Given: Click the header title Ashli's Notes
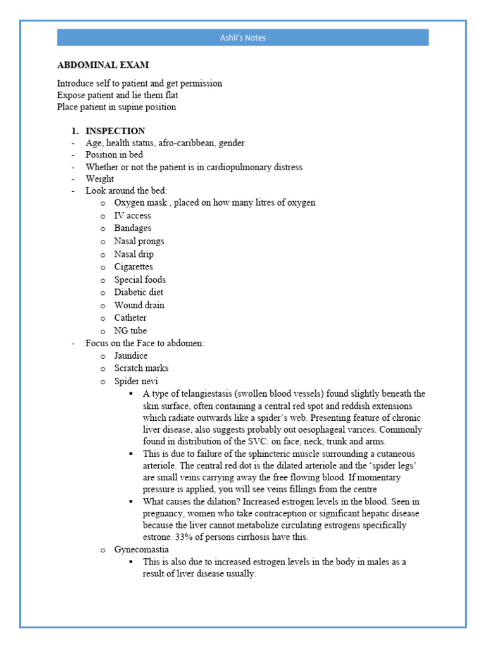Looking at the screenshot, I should pyautogui.click(x=243, y=38).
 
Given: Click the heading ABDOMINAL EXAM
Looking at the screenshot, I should pyautogui.click(x=103, y=65).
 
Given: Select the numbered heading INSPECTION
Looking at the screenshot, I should pyautogui.click(x=115, y=131).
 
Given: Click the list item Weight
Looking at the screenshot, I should pyautogui.click(x=100, y=179).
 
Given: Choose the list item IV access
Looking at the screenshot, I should pyautogui.click(x=132, y=216).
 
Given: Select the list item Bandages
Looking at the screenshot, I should pyautogui.click(x=132, y=228).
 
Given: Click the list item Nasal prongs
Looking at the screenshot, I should pyautogui.click(x=139, y=241).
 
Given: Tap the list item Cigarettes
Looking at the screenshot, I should pyautogui.click(x=133, y=266).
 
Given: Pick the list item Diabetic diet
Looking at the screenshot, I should pyautogui.click(x=139, y=292).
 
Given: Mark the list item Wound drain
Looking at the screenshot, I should pyautogui.click(x=139, y=305).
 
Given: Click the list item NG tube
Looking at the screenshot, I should pyautogui.click(x=130, y=330).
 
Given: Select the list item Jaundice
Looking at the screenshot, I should pyautogui.click(x=132, y=356).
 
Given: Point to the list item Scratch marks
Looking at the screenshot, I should pyautogui.click(x=141, y=368).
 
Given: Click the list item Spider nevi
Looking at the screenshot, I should pyautogui.click(x=136, y=381).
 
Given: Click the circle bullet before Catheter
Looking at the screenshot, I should pyautogui.click(x=103, y=318).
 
